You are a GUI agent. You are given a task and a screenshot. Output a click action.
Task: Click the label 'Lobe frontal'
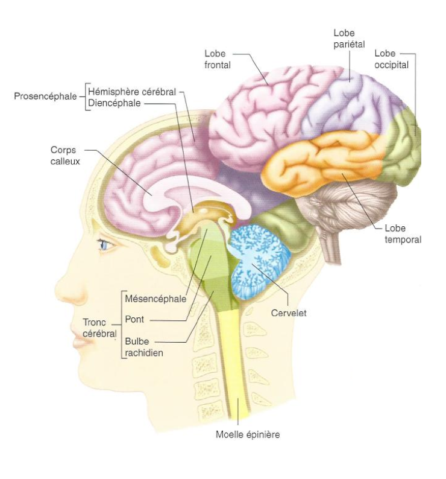point(218,59)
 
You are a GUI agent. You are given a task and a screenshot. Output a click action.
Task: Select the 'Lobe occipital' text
point(392,59)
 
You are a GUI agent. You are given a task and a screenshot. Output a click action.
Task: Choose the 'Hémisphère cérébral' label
point(132,92)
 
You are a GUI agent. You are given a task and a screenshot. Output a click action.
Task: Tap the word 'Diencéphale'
point(115,103)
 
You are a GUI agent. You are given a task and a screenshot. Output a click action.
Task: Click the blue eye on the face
point(107,244)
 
